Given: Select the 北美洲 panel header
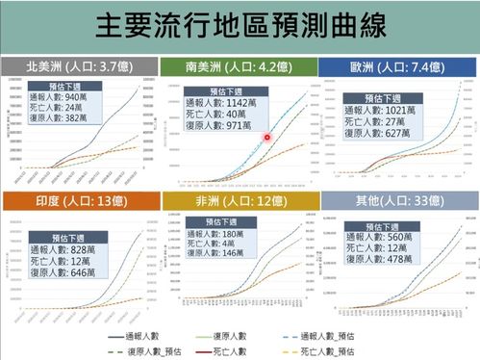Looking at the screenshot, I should pos(81,67).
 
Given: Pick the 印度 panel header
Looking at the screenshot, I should pos(81,200).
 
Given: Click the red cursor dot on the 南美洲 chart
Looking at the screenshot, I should pos(267,139).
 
